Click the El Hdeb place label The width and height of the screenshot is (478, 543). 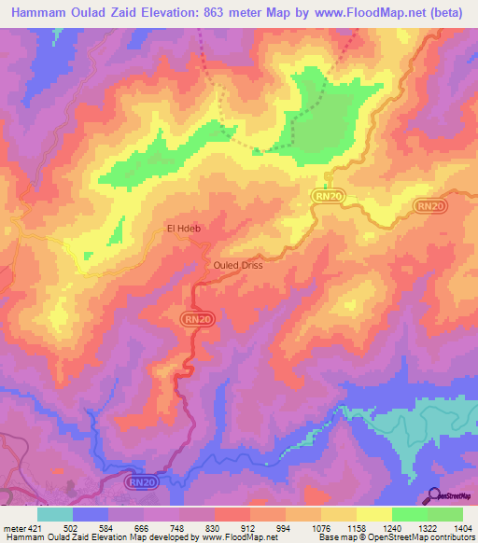(184, 228)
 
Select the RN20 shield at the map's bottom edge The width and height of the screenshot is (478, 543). (141, 481)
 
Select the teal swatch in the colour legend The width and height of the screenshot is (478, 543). (55, 514)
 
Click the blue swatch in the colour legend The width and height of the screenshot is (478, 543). (91, 514)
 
